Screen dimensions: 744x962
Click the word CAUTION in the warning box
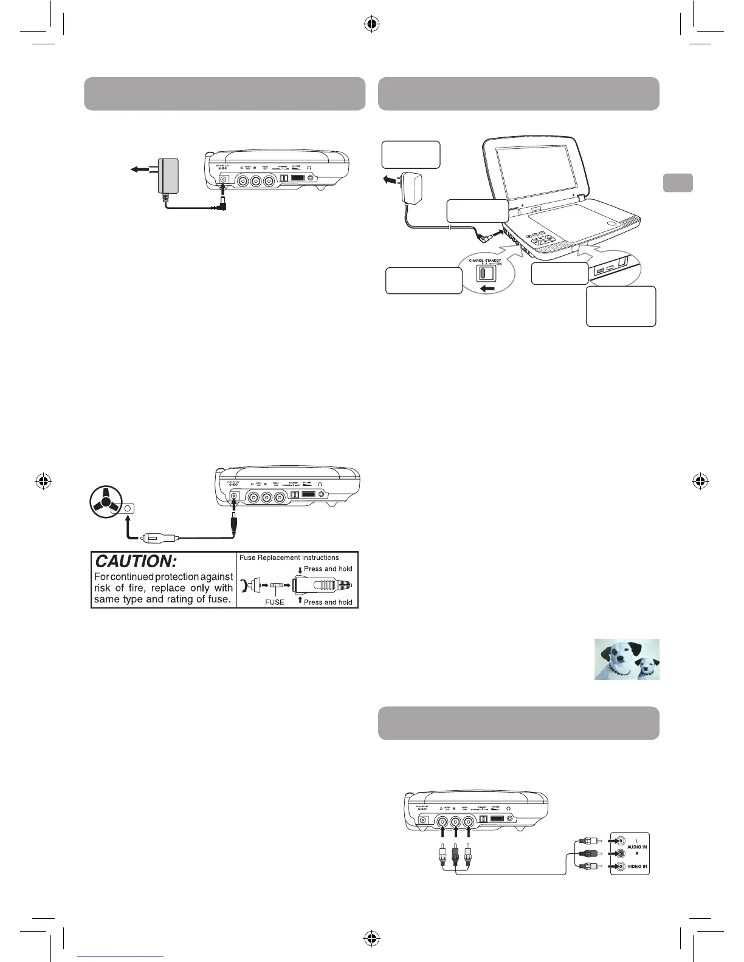(x=136, y=562)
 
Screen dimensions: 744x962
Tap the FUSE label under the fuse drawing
(x=274, y=602)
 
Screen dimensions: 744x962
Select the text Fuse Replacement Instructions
(x=289, y=558)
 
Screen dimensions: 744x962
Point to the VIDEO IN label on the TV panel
(x=636, y=867)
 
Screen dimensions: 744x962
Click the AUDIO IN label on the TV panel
(x=636, y=847)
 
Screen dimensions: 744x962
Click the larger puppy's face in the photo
(x=618, y=658)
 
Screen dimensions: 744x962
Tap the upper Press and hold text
(x=328, y=569)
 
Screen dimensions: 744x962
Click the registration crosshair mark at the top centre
(x=372, y=24)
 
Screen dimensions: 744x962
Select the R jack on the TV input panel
(x=620, y=854)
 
